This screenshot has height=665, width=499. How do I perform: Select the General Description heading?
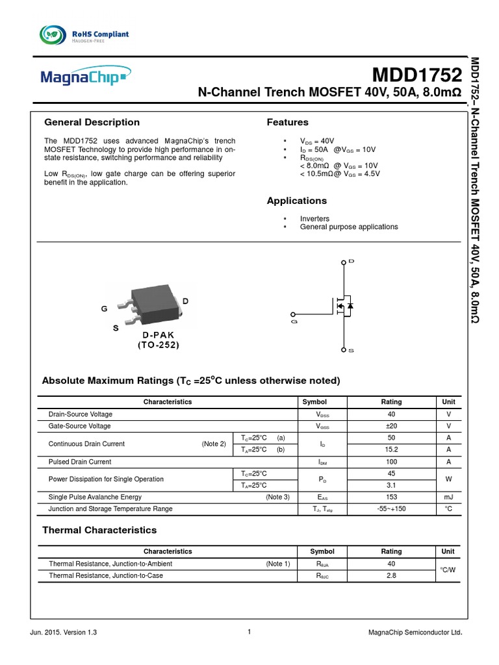click(92, 122)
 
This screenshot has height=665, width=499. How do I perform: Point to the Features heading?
click(288, 122)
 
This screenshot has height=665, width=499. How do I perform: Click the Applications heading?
click(297, 201)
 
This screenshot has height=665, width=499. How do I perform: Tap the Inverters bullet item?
click(314, 219)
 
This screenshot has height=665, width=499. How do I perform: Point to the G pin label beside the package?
click(104, 310)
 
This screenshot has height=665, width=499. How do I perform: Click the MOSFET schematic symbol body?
click(341, 305)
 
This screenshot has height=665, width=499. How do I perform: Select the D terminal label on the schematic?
click(352, 261)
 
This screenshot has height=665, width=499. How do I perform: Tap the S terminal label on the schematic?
click(352, 351)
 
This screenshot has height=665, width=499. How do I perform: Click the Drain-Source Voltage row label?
click(81, 414)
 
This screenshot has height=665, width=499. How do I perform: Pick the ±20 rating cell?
click(391, 426)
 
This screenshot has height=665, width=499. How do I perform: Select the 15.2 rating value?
click(391, 450)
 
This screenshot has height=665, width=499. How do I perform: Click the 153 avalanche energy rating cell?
click(391, 497)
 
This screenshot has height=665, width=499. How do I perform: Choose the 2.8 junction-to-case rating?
click(391, 576)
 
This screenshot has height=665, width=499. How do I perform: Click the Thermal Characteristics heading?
click(99, 530)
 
